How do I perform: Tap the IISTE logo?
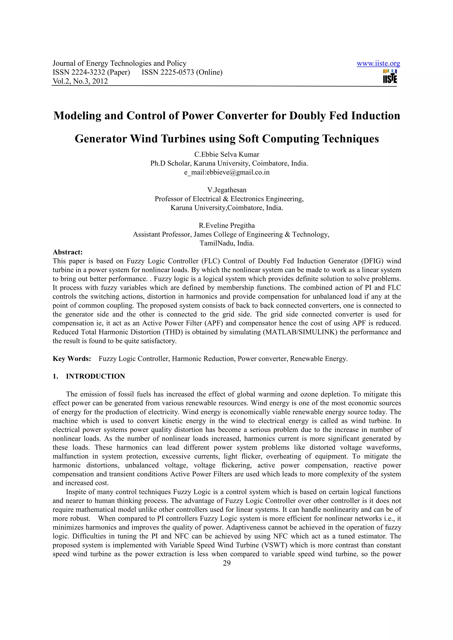point(390,76)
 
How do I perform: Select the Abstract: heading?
point(67,252)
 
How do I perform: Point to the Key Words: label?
point(72,359)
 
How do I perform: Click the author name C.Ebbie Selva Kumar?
point(227,154)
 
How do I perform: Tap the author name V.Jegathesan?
point(227,190)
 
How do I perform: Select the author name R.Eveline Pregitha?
point(227,225)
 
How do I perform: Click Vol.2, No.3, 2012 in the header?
point(80,81)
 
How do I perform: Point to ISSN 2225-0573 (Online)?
point(182,72)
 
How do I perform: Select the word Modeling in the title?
point(77,116)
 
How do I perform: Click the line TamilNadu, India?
point(227,243)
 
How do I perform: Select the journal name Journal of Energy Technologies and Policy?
point(119,64)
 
